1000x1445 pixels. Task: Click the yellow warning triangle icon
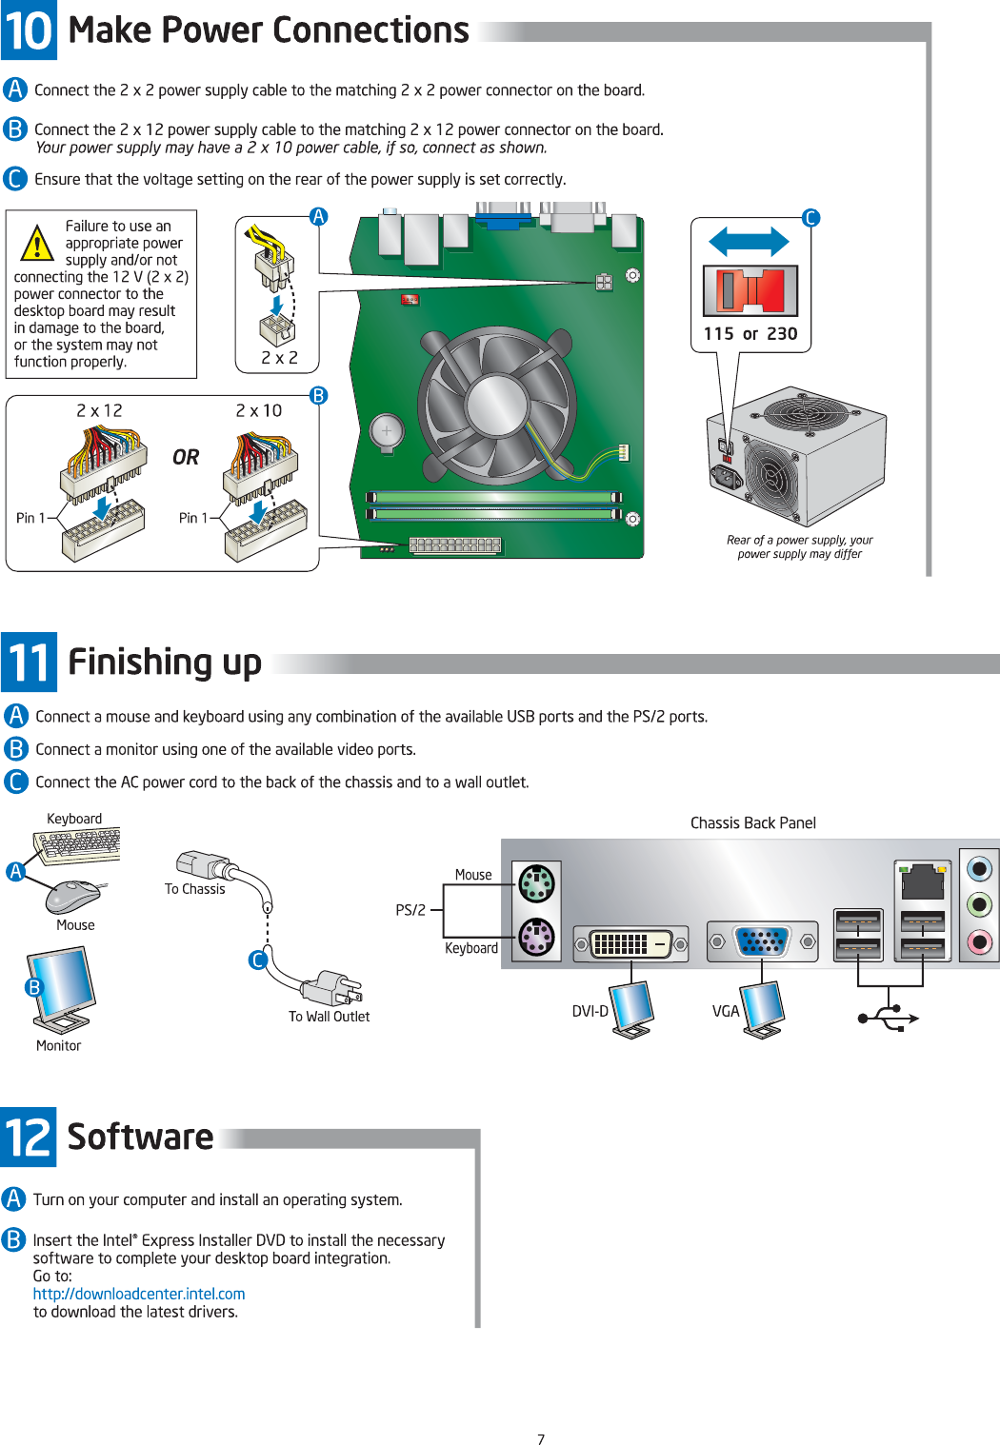[x=37, y=244]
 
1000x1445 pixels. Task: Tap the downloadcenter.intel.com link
[x=139, y=1294]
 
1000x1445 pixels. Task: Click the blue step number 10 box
[x=29, y=30]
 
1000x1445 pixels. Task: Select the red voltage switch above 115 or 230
[x=750, y=291]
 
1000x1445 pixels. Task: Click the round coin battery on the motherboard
[x=387, y=431]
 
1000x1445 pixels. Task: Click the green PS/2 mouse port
[x=537, y=884]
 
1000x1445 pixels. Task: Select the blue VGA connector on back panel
[x=762, y=941]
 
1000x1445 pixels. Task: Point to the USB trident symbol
[x=888, y=1018]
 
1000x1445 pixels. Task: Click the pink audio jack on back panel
[x=979, y=941]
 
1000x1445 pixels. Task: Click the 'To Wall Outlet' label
[x=329, y=1017]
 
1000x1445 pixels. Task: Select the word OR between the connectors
[x=186, y=458]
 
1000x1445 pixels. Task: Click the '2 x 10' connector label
[x=259, y=410]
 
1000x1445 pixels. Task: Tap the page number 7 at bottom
[x=541, y=1439]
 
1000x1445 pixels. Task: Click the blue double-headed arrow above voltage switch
[x=750, y=242]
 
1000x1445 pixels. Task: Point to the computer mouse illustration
[x=73, y=895]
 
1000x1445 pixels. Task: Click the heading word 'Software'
[x=141, y=1137]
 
